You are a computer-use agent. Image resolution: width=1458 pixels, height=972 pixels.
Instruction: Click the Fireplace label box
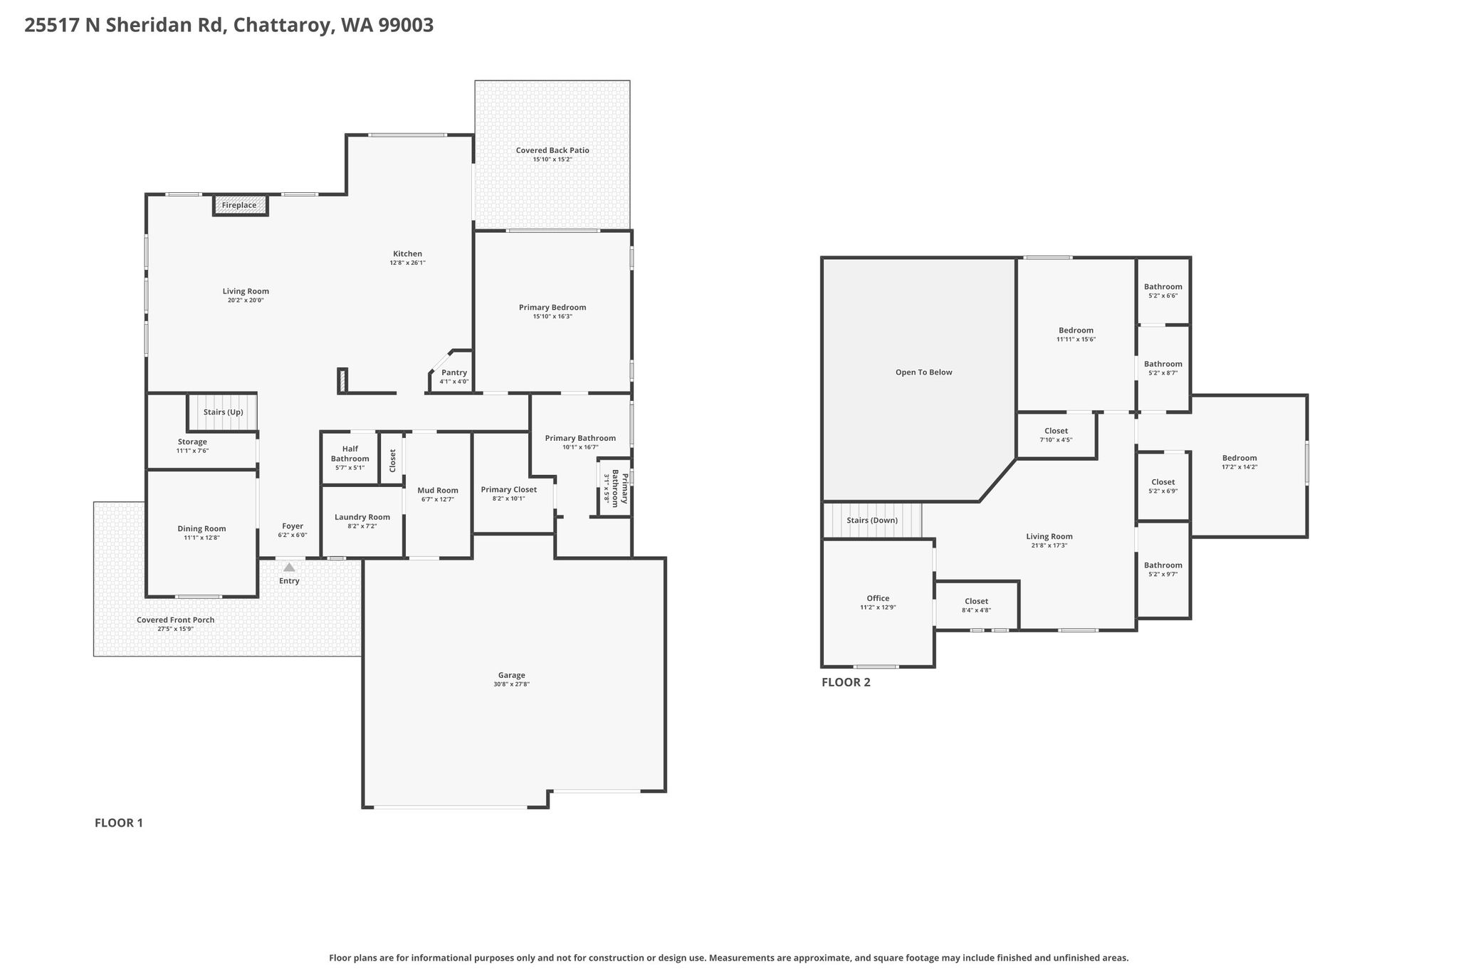coord(240,205)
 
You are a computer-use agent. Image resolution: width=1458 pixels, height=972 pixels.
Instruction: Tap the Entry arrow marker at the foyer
coord(289,568)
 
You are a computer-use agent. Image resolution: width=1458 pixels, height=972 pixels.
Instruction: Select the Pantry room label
coord(454,372)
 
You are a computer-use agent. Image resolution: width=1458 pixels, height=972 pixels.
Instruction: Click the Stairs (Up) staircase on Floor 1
coord(222,412)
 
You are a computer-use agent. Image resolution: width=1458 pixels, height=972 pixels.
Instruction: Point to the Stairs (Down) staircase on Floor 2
coord(872,521)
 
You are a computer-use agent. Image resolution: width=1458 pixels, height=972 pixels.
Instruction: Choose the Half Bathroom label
coord(350,454)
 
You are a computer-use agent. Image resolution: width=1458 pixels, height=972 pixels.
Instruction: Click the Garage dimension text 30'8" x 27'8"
coord(512,684)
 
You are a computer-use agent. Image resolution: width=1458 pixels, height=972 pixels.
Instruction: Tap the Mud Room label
coord(438,490)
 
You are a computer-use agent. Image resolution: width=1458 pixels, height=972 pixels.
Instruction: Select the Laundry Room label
coord(362,517)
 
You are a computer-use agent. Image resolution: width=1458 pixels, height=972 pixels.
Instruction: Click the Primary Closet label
coord(509,489)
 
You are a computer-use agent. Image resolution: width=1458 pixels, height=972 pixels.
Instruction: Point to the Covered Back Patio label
coord(552,150)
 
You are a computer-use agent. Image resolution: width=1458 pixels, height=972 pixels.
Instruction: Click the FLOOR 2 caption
coord(846,682)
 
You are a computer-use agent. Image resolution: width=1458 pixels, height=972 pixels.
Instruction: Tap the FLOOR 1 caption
coord(119,823)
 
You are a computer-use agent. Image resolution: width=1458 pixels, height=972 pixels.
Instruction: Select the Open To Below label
coord(924,372)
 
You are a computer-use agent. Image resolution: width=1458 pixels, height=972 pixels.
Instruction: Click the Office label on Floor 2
coord(878,598)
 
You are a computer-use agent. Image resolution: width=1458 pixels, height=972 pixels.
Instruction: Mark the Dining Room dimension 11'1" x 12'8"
coord(201,538)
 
